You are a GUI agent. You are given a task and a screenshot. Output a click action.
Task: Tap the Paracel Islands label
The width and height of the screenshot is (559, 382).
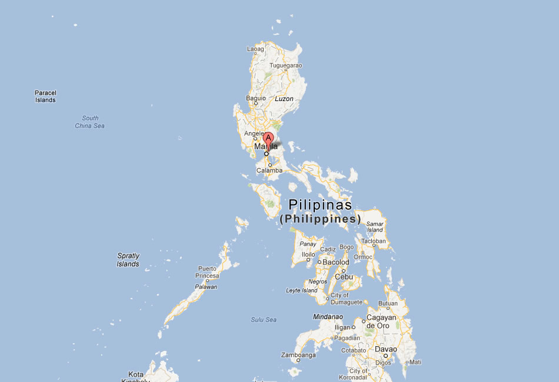(x=45, y=96)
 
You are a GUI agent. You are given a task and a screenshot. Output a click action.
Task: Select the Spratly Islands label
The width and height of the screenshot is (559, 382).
(x=128, y=260)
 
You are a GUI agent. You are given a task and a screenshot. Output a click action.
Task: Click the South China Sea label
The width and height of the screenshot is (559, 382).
(x=90, y=122)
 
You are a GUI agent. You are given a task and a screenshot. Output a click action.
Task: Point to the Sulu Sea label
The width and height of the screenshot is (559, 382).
(x=263, y=320)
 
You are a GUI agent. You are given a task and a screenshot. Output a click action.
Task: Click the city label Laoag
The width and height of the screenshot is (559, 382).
(x=255, y=49)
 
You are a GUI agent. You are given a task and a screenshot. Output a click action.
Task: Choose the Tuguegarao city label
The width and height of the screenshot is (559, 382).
(x=286, y=65)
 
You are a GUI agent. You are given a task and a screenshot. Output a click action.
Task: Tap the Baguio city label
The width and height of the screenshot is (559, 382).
(x=256, y=98)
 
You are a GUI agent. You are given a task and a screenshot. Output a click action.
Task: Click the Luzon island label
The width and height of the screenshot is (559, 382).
(x=284, y=99)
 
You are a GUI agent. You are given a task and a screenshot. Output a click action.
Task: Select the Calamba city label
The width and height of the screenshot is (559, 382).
(x=269, y=170)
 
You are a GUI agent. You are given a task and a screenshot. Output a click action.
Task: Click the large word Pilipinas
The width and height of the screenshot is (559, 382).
(x=320, y=205)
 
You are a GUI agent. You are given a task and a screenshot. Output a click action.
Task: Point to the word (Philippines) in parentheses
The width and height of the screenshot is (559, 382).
(x=320, y=219)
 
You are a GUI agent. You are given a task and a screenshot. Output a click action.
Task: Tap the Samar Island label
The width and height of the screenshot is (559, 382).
(x=375, y=227)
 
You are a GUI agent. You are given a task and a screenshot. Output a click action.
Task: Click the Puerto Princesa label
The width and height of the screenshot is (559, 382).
(x=208, y=272)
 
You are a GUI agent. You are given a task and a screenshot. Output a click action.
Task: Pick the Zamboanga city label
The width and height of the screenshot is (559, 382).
(x=298, y=355)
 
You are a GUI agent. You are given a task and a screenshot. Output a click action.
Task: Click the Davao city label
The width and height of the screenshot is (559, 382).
(x=385, y=349)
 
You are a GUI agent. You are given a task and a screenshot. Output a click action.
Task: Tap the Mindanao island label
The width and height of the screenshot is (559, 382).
(x=328, y=317)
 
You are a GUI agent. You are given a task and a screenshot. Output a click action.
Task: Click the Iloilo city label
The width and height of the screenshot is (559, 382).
(x=308, y=254)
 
